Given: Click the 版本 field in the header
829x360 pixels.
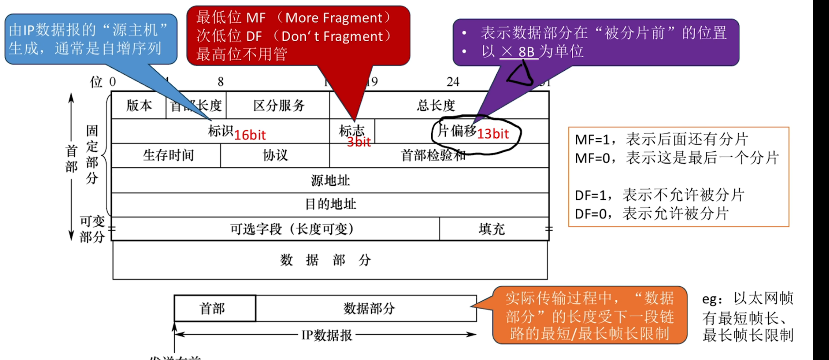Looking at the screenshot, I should [x=139, y=105].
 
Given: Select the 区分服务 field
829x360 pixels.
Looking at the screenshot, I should [x=278, y=105].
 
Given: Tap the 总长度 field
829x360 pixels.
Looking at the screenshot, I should [x=436, y=105].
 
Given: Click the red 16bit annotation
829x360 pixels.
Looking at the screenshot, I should [x=250, y=135].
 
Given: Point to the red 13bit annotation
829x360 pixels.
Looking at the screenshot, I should [x=493, y=134].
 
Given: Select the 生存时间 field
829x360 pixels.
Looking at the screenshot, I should [x=168, y=155].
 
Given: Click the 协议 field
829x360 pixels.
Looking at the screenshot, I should [x=275, y=155].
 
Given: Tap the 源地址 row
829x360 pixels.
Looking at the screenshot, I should [x=330, y=180].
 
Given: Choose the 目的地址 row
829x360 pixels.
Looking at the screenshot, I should [x=330, y=204].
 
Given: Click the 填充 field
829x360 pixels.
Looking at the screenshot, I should [x=491, y=229].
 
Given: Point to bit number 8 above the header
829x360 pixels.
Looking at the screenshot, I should [x=221, y=82].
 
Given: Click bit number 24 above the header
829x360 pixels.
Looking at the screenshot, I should [x=453, y=82].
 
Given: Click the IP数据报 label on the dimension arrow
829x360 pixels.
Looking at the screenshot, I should [x=326, y=335].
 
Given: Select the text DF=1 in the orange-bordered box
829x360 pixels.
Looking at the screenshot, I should [x=590, y=196].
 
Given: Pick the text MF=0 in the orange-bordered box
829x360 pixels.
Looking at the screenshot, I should [x=592, y=158].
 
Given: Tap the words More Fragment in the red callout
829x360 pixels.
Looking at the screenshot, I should [x=334, y=18].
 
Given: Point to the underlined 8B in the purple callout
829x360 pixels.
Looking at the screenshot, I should [x=526, y=52].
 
